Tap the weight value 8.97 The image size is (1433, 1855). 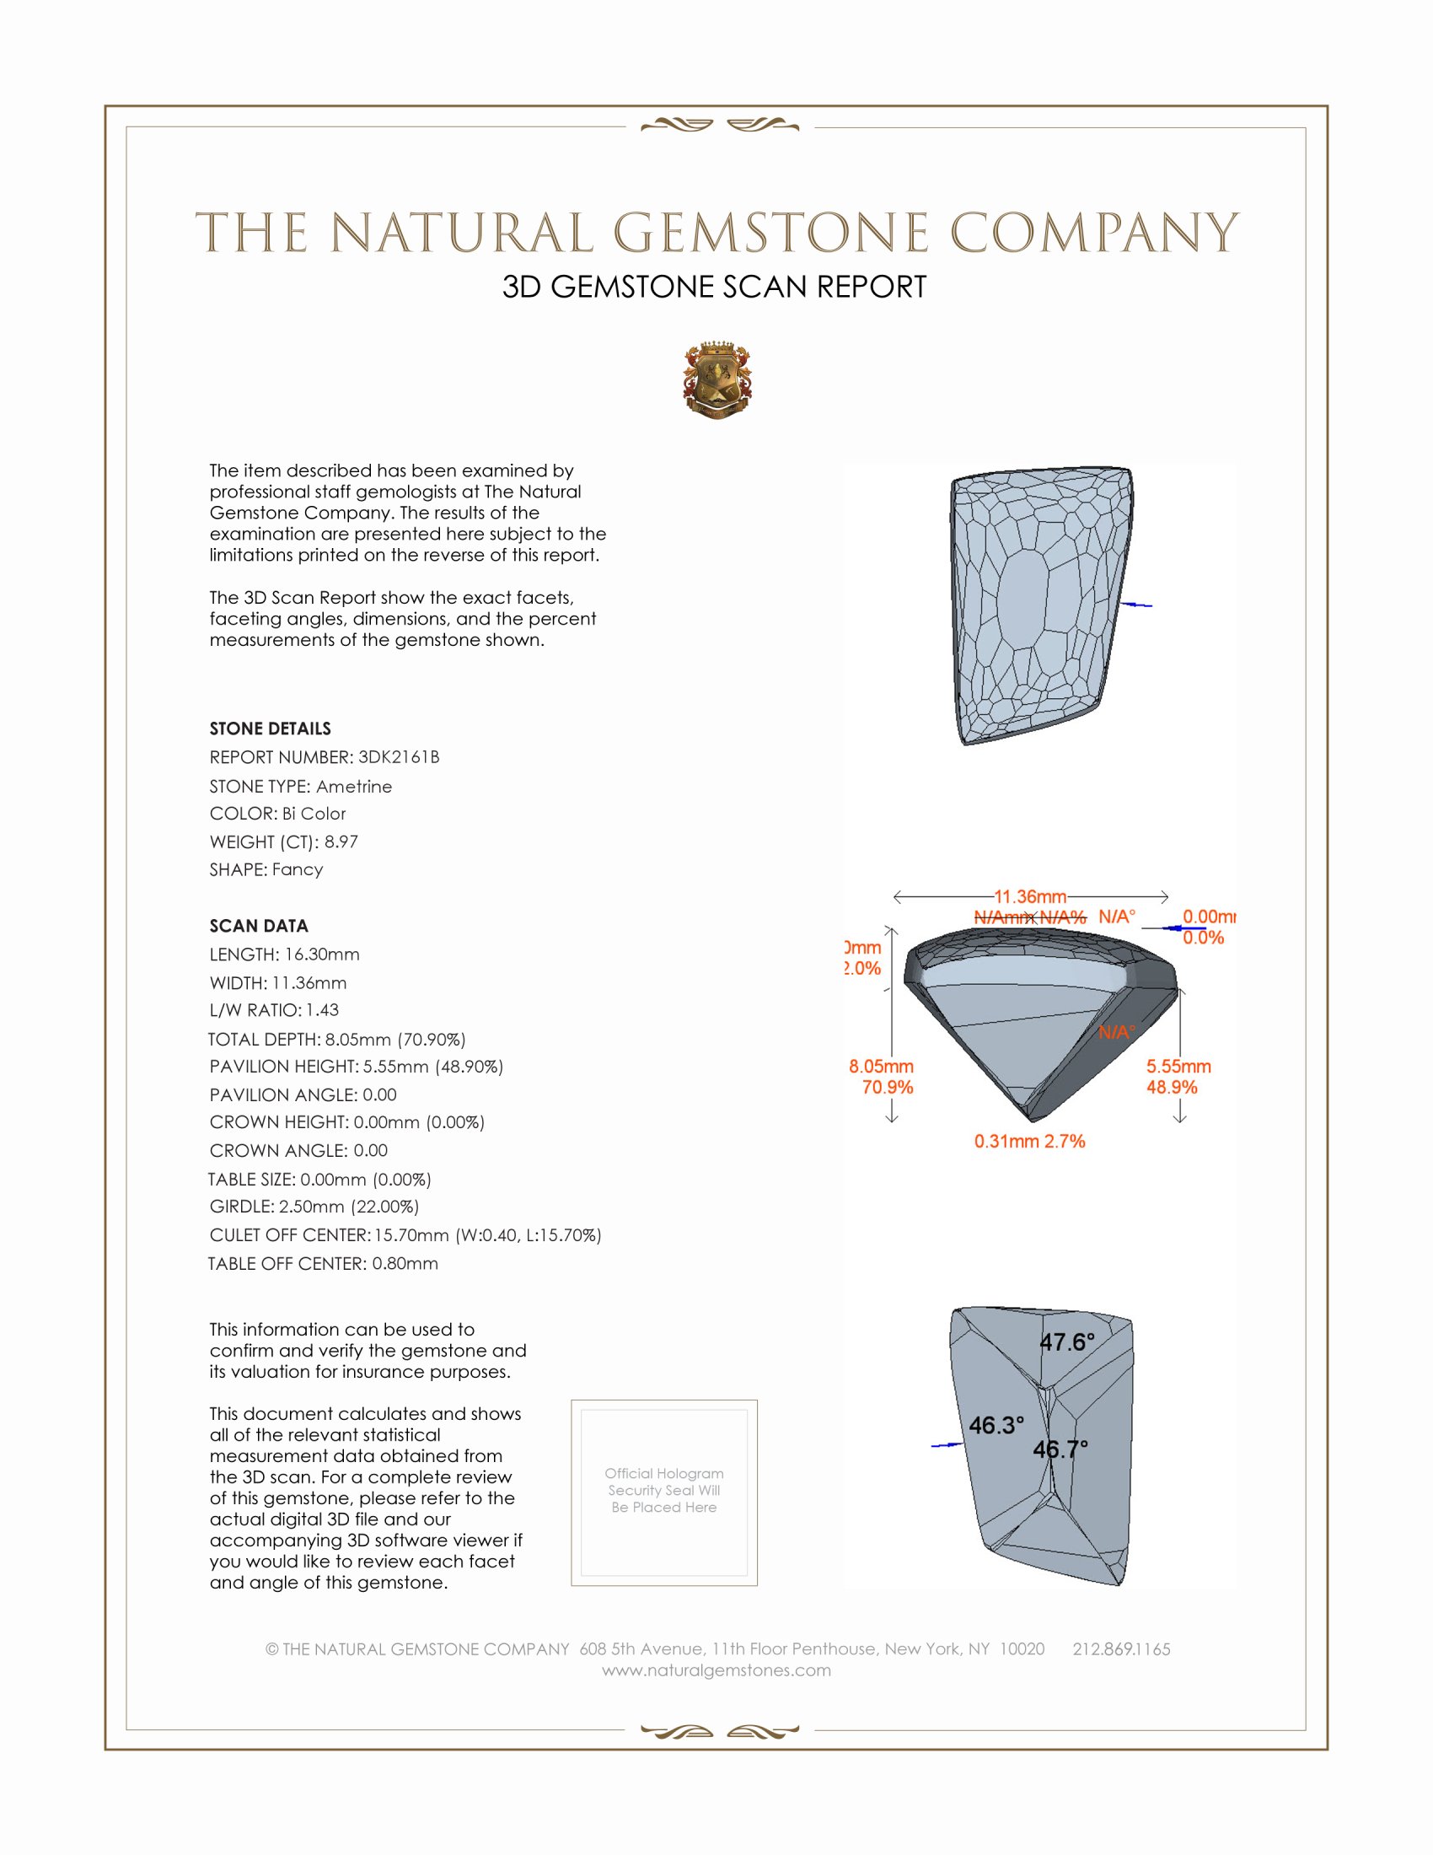tap(341, 841)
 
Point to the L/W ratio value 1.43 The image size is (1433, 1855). tap(322, 1010)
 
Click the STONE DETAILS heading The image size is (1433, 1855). tap(270, 729)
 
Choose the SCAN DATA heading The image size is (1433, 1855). tap(258, 926)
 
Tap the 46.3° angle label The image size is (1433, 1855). tap(996, 1425)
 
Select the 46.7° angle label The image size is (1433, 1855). tap(1060, 1449)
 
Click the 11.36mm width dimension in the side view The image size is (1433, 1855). tap(1030, 897)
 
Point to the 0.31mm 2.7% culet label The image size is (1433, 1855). tap(1029, 1141)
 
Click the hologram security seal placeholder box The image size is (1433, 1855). tap(664, 1492)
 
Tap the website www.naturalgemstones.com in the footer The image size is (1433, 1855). tap(716, 1669)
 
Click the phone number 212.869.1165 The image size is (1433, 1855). tap(1120, 1648)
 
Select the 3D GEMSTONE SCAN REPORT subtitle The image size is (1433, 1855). tap(714, 287)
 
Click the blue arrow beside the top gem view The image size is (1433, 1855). tap(1138, 605)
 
